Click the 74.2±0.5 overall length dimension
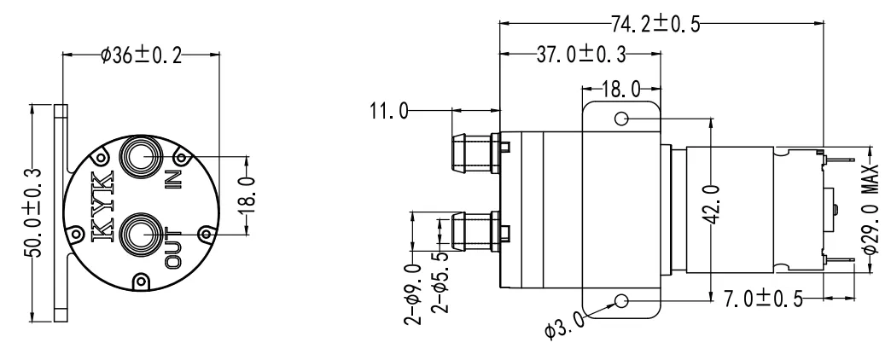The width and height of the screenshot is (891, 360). pos(655,23)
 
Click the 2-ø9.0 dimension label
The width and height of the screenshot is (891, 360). pos(413,289)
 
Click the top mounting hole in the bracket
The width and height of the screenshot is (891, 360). pos(621,119)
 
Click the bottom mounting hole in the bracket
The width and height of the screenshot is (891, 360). pos(621,299)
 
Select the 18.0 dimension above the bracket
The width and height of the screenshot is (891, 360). pos(620,89)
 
